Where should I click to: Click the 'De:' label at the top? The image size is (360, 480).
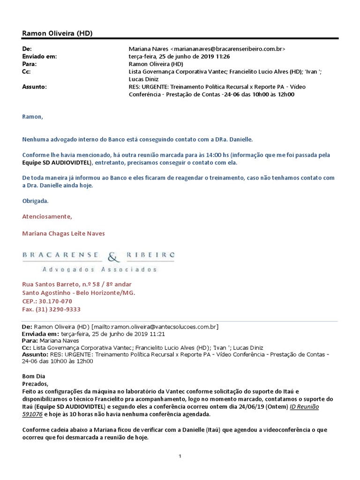click(x=27, y=49)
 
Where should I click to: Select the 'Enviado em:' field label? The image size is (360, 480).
click(x=39, y=56)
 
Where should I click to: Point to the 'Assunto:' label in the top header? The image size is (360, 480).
click(x=35, y=87)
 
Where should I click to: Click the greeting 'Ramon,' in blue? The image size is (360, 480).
click(x=32, y=117)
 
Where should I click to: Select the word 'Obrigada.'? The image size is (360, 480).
click(x=35, y=201)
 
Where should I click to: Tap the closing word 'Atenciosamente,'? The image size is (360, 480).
click(x=47, y=217)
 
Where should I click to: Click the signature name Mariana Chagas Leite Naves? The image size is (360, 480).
click(x=64, y=233)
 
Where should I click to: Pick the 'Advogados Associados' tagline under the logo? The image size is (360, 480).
click(x=99, y=270)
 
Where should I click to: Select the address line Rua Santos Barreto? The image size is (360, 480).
click(x=77, y=285)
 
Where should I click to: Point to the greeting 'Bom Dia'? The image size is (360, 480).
click(x=34, y=376)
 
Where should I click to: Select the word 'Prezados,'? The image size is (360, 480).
click(x=36, y=383)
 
